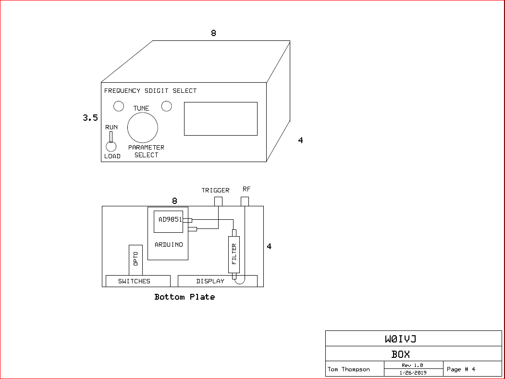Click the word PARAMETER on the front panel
pos(146,147)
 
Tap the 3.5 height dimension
pos(90,118)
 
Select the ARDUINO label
pos(169,245)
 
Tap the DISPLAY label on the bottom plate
pos(210,281)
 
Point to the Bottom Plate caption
pos(185,297)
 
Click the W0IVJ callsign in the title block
pos(401,339)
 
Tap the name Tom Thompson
pos(348,369)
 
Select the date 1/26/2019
pos(413,373)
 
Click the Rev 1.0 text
pos(412,365)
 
